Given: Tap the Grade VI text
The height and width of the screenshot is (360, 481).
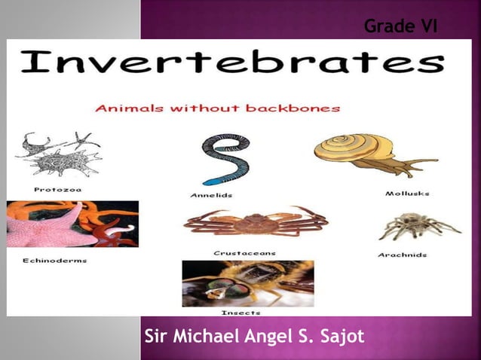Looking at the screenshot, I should click(400, 27).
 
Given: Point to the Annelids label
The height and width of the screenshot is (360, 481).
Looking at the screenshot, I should click(211, 195).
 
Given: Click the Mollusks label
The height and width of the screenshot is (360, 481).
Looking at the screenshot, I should click(407, 194).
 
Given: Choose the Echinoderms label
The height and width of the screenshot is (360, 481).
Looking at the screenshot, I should click(54, 261).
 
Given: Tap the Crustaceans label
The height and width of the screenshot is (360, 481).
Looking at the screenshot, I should click(245, 253).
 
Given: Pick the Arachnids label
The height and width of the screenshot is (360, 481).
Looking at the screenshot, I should click(402, 255).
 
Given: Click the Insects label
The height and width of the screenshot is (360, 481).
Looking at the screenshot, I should click(240, 312).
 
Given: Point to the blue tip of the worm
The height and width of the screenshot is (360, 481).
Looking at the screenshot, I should click(214, 181).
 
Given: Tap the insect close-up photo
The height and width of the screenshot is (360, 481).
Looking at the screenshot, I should click(247, 283).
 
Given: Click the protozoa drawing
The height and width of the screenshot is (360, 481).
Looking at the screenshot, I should click(57, 156).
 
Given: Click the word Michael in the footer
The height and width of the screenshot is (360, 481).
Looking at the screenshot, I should click(208, 336).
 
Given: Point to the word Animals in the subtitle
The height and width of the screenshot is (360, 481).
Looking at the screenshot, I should click(125, 108).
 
